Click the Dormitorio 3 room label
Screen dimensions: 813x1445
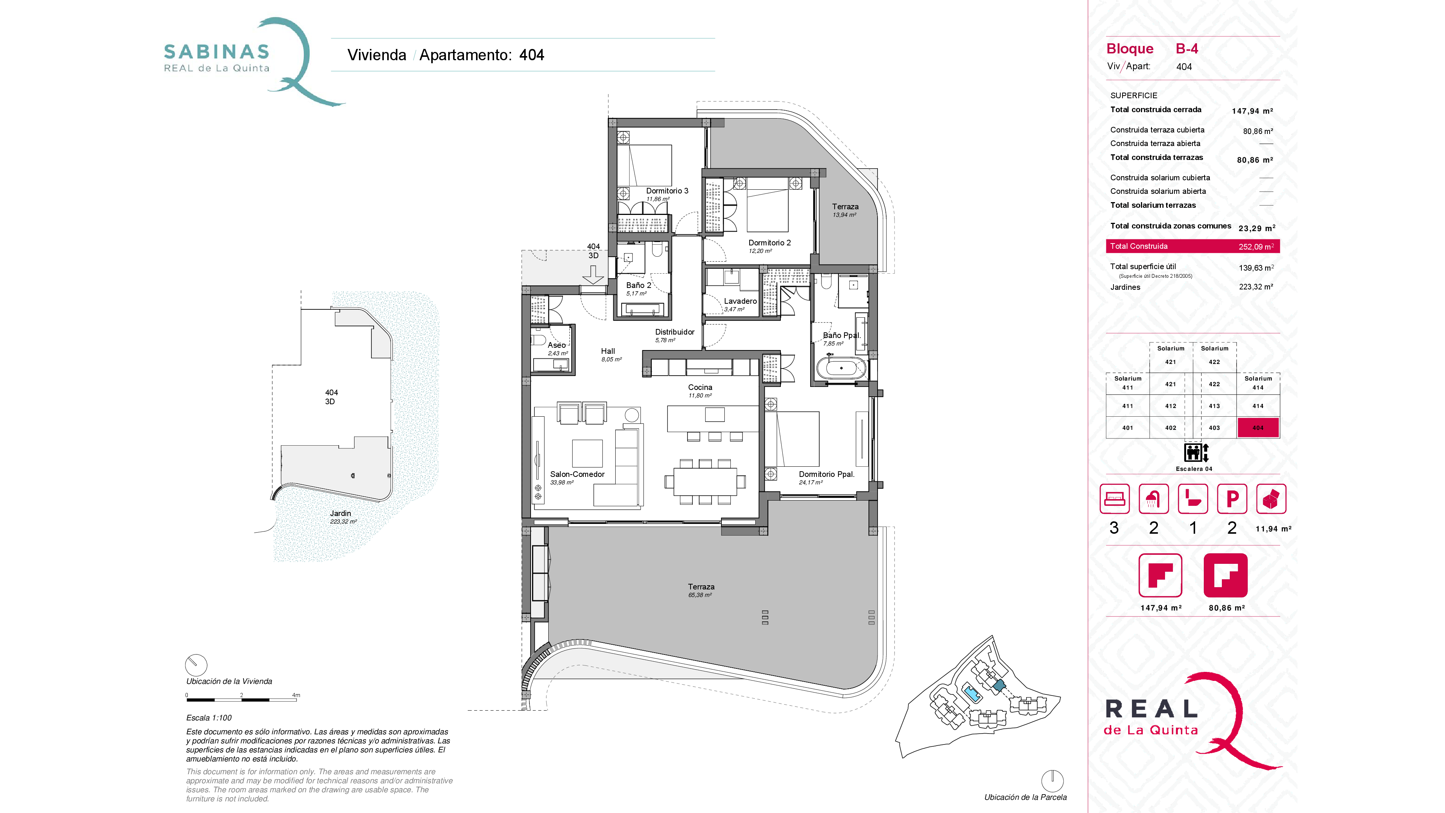pyautogui.click(x=667, y=191)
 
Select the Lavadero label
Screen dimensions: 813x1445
pyautogui.click(x=740, y=301)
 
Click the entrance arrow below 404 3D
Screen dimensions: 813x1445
pyautogui.click(x=593, y=274)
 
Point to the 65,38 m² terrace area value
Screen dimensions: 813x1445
pyautogui.click(x=700, y=595)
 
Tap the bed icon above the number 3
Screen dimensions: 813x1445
pyautogui.click(x=1114, y=499)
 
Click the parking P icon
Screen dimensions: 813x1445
pyautogui.click(x=1232, y=499)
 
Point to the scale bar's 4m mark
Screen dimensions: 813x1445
pyautogui.click(x=296, y=696)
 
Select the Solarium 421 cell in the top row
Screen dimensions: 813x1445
pyautogui.click(x=1171, y=355)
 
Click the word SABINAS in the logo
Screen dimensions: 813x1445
pyautogui.click(x=216, y=52)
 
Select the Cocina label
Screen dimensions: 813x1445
pyautogui.click(x=700, y=387)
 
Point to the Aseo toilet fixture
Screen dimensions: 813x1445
pyautogui.click(x=538, y=340)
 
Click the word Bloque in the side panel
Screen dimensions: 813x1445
pyautogui.click(x=1129, y=49)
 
